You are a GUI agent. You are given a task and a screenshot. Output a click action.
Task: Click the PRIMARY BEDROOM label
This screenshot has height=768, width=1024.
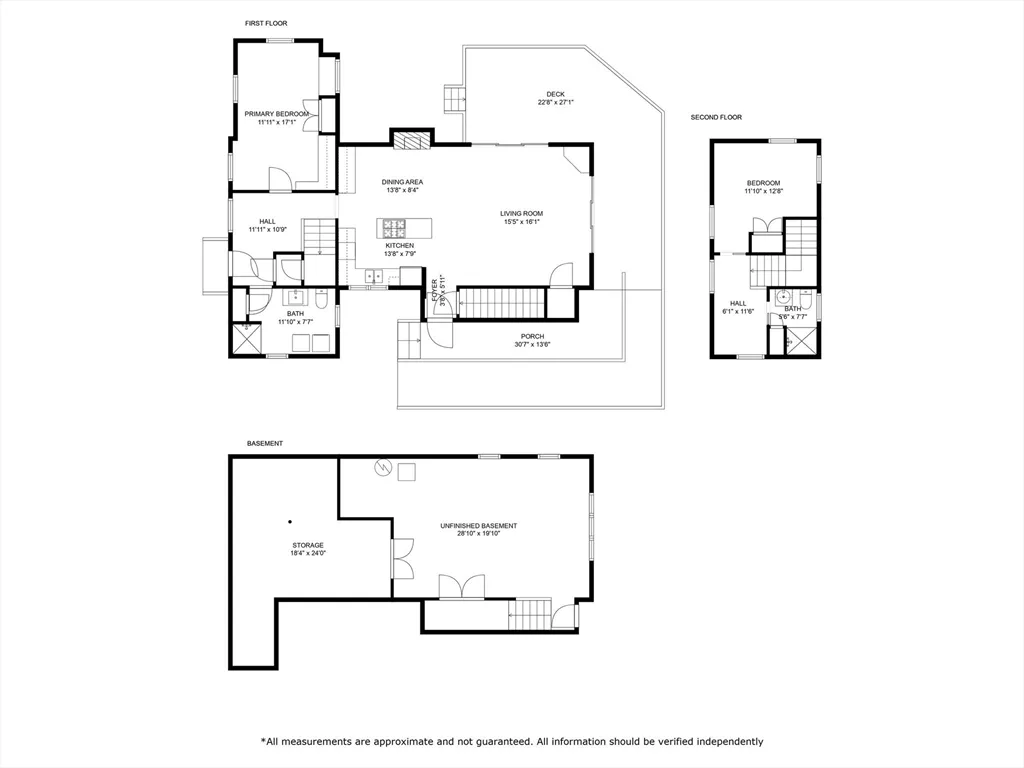[x=277, y=114]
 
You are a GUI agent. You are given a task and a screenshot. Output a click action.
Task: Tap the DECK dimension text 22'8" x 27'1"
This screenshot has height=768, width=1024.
[x=555, y=102]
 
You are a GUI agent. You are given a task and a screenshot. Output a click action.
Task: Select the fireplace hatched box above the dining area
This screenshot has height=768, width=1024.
[x=410, y=140]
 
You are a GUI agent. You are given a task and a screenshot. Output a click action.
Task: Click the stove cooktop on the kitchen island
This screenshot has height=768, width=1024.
[x=393, y=226]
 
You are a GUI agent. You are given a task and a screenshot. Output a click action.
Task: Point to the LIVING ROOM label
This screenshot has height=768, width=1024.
[x=521, y=213]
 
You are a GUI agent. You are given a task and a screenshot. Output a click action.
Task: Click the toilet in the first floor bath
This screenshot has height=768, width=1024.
[x=319, y=298]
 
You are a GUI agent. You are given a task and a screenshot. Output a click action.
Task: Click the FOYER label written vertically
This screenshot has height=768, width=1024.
[x=435, y=290]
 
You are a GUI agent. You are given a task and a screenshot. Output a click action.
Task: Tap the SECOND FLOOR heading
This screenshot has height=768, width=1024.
[x=716, y=117]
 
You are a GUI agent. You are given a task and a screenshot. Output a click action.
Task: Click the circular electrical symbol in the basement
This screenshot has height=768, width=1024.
[x=382, y=467]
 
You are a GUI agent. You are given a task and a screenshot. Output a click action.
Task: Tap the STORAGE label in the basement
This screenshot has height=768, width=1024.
[x=307, y=545]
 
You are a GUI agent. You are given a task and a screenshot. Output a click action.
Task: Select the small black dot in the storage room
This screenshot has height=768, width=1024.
[x=290, y=521]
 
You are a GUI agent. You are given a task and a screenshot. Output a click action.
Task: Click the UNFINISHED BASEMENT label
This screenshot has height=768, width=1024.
[x=478, y=526]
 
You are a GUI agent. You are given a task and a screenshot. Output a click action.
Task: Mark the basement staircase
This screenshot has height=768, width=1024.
[x=531, y=614]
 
